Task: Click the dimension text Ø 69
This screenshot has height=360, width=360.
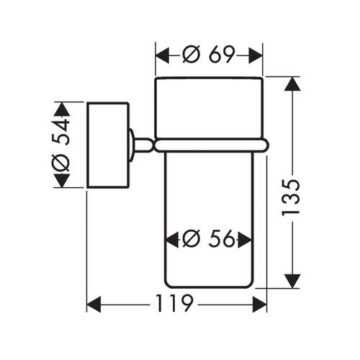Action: tap(208, 55)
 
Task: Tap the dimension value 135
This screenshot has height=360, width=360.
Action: tap(291, 197)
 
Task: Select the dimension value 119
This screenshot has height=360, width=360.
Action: tap(174, 303)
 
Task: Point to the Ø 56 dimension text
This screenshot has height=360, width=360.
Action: tap(208, 239)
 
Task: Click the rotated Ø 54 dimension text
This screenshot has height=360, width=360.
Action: tap(60, 145)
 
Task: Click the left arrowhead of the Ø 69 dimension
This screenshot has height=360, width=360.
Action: tap(163, 55)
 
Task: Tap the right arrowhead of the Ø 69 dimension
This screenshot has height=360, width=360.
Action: tap(256, 55)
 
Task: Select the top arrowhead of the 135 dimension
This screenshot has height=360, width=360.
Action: tap(292, 84)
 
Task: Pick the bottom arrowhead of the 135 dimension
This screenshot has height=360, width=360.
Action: tap(292, 281)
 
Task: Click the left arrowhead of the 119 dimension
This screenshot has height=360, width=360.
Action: tap(94, 305)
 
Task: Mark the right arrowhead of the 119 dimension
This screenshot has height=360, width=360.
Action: tap(260, 305)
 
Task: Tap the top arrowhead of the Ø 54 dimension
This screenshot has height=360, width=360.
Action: tap(62, 109)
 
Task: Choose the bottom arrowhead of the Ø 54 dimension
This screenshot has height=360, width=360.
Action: tap(62, 181)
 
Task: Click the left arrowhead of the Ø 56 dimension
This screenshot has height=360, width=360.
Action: tap(172, 240)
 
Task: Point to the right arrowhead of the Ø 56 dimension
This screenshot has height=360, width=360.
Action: tap(245, 240)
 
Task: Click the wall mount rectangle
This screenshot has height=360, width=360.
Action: tap(108, 145)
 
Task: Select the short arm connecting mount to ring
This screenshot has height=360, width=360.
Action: tap(143, 145)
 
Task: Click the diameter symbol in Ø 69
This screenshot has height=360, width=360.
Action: tap(192, 55)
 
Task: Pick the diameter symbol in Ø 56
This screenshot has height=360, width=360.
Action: tap(192, 239)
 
